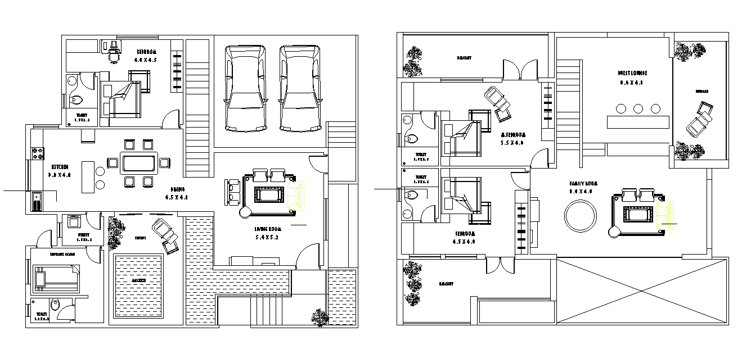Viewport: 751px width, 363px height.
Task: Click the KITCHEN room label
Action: (60, 167)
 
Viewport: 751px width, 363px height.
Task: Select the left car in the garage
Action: (246, 88)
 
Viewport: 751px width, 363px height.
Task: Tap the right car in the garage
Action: (300, 88)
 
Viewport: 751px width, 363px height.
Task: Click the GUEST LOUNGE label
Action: (633, 73)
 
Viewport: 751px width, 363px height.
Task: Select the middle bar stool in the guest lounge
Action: (638, 108)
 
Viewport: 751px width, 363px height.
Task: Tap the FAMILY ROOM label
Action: (583, 184)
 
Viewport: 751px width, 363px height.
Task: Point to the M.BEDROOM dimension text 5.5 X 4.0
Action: (512, 143)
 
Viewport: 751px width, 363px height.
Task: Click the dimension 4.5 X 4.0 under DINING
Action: (176, 198)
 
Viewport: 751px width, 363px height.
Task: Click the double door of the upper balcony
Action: (520, 70)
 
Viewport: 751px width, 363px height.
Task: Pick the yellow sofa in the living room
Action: (296, 196)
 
